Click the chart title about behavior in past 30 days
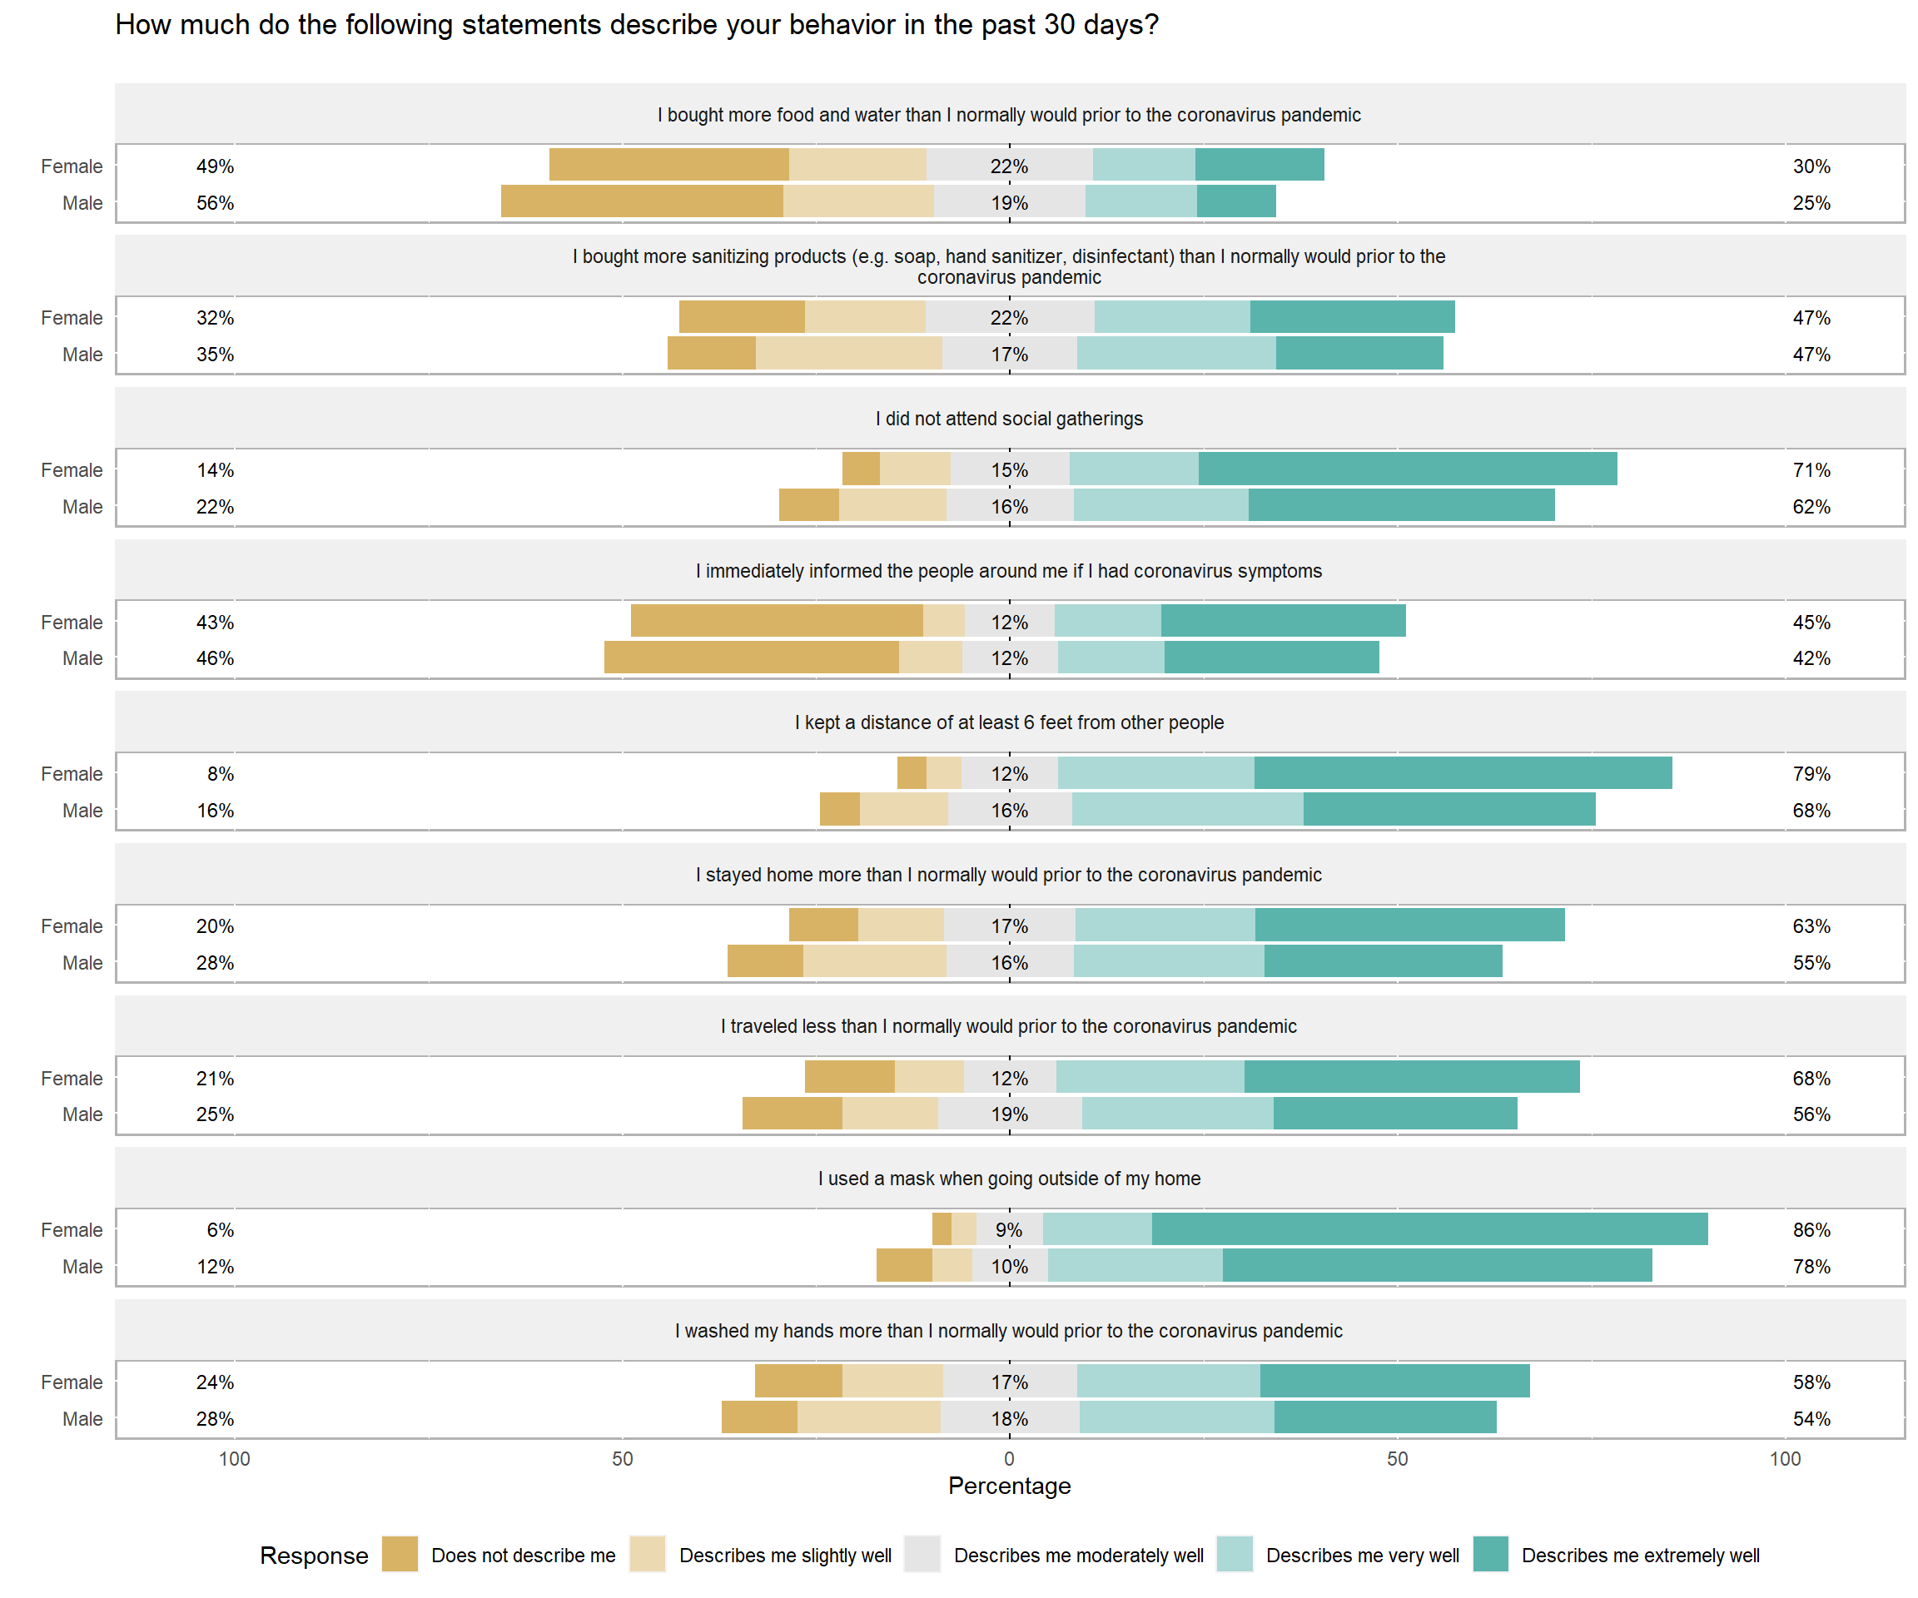pos(637,25)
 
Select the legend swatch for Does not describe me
pos(399,1554)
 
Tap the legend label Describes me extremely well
pos(1639,1555)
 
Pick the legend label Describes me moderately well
pos(1078,1555)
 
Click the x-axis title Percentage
pos(1009,1486)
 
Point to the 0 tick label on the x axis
pos(1009,1458)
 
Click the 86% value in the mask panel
pos(1811,1230)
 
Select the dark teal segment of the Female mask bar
pos(1429,1229)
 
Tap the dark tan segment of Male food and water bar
pos(642,201)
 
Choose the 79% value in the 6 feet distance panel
pos(1811,774)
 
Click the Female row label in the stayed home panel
pos(72,926)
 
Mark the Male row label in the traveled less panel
pos(82,1115)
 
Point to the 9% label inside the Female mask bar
pos(1009,1230)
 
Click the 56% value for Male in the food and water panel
pos(215,203)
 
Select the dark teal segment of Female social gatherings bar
pos(1408,469)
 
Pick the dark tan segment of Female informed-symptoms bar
pos(777,621)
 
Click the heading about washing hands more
pos(1009,1331)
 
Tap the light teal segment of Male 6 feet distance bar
pos(1187,810)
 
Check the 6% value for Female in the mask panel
pos(219,1230)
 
